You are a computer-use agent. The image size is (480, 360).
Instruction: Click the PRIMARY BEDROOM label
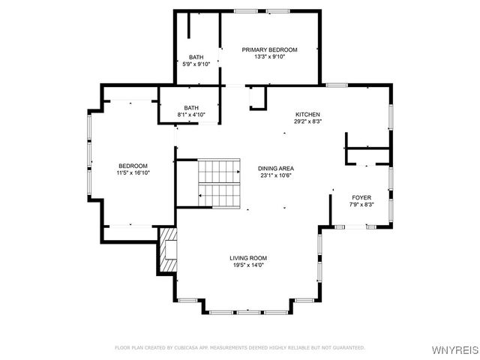[x=269, y=49]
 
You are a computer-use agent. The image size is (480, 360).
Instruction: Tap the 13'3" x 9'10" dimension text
[x=269, y=57]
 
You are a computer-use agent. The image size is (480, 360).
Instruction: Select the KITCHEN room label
[x=307, y=113]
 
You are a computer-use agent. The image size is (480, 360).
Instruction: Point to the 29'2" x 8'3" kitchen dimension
[x=307, y=121]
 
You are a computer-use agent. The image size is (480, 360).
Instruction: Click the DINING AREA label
[x=274, y=168]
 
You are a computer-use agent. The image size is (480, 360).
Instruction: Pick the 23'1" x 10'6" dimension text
[x=274, y=175]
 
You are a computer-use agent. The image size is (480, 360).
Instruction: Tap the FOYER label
[x=361, y=197]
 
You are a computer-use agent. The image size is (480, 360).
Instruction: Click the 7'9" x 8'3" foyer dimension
[x=361, y=205]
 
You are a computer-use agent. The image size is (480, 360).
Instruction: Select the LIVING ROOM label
[x=248, y=258]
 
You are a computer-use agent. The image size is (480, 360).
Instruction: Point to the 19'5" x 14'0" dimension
[x=248, y=265]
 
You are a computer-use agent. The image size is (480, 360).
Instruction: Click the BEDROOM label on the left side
[x=133, y=166]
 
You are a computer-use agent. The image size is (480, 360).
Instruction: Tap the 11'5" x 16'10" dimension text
[x=133, y=173]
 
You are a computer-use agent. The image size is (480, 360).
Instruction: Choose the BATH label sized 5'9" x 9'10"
[x=196, y=57]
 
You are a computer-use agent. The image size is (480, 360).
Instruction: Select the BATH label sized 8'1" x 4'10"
[x=191, y=107]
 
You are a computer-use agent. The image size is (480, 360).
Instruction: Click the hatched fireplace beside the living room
[x=167, y=250]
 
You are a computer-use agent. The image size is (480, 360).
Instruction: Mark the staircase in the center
[x=218, y=183]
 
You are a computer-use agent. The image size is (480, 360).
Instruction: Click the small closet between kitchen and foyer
[x=367, y=149]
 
